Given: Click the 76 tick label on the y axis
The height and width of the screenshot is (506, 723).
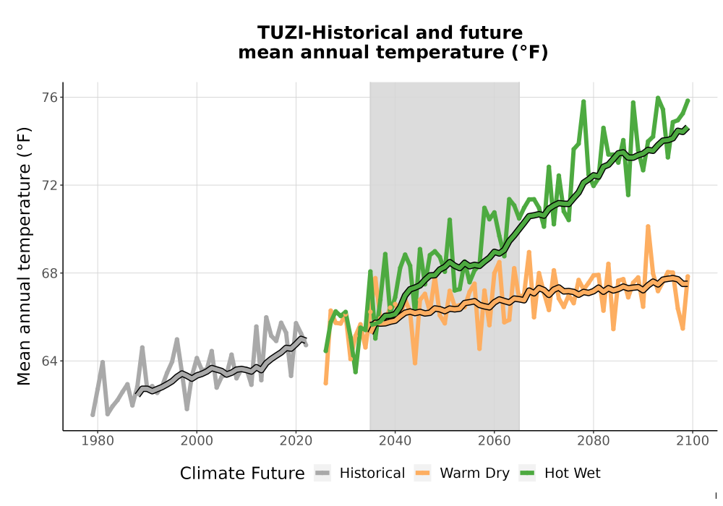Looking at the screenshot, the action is pyautogui.click(x=51, y=98).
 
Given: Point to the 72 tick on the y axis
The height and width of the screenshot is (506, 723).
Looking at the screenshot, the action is pyautogui.click(x=51, y=185).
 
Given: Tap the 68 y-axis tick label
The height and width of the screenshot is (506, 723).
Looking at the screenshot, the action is pyautogui.click(x=51, y=273).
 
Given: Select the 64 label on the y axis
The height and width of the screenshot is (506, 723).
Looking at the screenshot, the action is pyautogui.click(x=51, y=361).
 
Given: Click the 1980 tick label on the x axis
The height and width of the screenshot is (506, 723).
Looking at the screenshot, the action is pyautogui.click(x=98, y=441).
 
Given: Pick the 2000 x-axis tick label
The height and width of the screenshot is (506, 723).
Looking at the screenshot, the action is pyautogui.click(x=197, y=441).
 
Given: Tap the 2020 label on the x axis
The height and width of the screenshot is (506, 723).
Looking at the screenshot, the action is pyautogui.click(x=296, y=441).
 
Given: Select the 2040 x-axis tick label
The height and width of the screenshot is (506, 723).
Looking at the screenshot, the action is pyautogui.click(x=395, y=441).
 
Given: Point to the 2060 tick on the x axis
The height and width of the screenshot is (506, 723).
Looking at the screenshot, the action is pyautogui.click(x=495, y=441).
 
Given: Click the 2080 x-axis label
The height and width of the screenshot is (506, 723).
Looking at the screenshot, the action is pyautogui.click(x=594, y=441).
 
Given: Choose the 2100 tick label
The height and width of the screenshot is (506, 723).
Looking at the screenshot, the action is pyautogui.click(x=693, y=441).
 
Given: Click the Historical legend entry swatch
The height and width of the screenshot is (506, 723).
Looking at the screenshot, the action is pyautogui.click(x=322, y=473).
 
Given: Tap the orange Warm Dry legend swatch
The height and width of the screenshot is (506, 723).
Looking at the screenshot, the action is pyautogui.click(x=422, y=473).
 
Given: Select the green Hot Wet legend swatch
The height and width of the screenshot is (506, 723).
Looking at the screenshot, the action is pyautogui.click(x=527, y=473).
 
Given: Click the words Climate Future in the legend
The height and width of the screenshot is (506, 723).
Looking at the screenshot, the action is pyautogui.click(x=242, y=473).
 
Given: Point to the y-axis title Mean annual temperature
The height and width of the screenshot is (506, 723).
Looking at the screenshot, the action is pyautogui.click(x=24, y=256).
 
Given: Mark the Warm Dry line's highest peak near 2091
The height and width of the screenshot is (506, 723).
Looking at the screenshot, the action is pyautogui.click(x=648, y=226).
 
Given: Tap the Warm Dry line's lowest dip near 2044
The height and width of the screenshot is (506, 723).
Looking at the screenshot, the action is pyautogui.click(x=415, y=363).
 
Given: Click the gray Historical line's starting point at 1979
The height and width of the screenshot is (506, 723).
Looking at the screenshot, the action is pyautogui.click(x=93, y=415).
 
